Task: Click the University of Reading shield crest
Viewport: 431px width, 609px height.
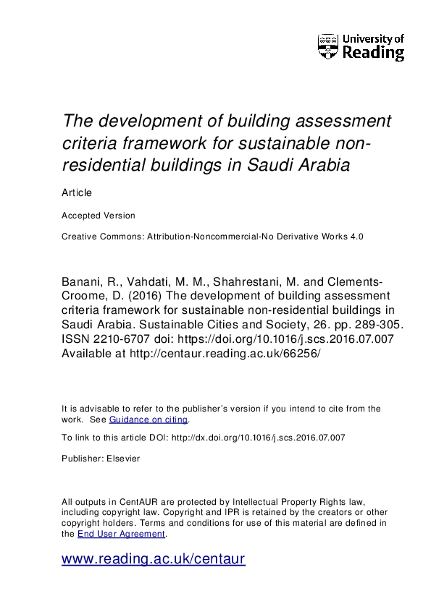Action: (x=328, y=46)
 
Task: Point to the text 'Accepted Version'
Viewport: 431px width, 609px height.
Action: (x=98, y=216)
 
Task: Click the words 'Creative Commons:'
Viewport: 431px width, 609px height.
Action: (x=98, y=237)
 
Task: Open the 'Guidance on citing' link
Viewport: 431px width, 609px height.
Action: (x=148, y=420)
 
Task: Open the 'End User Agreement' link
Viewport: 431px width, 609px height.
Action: (x=122, y=534)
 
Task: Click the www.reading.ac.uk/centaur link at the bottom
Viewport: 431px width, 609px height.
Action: (x=154, y=558)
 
